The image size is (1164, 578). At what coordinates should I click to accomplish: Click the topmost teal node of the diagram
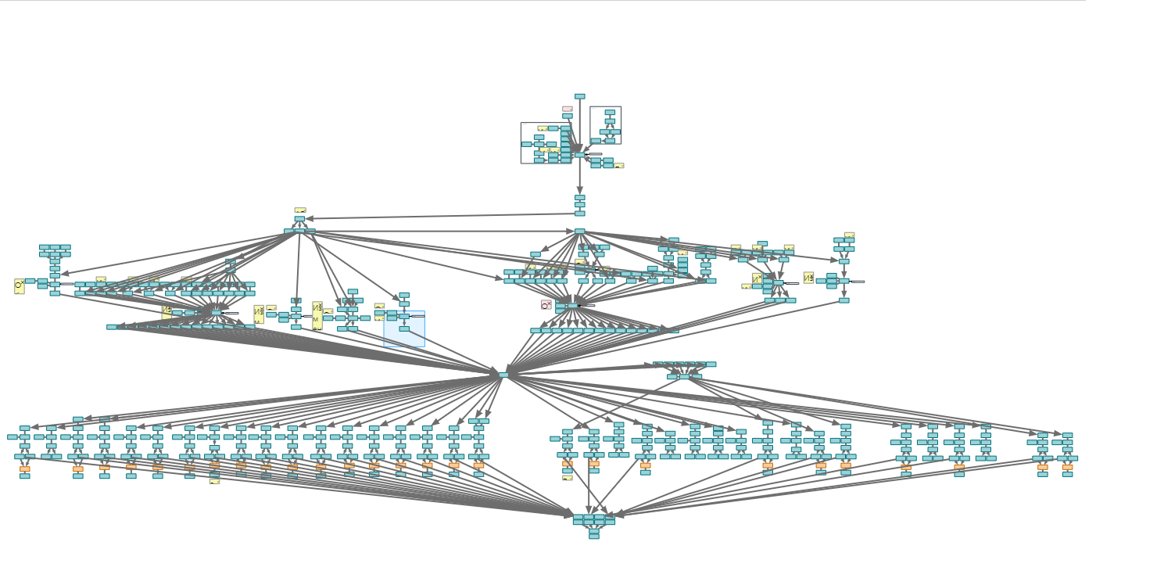coord(579,96)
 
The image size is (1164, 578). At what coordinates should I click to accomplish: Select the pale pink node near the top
coord(568,109)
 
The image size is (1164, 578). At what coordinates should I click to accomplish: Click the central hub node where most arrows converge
coord(503,375)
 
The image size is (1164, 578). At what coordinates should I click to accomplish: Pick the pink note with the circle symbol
coord(546,304)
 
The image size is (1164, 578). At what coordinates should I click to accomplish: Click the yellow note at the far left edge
coord(19,286)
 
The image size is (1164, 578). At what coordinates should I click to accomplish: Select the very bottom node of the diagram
coord(594,537)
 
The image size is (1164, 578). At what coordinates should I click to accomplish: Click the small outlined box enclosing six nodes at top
coord(605,125)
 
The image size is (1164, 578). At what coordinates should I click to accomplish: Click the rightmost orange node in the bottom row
coord(1067,468)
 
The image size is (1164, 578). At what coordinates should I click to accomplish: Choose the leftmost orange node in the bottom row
coord(25,469)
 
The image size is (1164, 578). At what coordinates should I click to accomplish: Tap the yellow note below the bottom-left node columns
coord(214,482)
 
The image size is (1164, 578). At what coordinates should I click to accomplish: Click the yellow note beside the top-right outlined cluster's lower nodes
coord(619,166)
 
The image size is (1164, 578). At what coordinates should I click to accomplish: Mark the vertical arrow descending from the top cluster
coord(579,176)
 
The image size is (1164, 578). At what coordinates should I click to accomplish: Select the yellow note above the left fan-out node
coord(300,210)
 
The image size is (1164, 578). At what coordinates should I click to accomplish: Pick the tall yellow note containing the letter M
coord(317,316)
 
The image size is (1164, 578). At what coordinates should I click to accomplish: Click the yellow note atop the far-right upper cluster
coord(849,235)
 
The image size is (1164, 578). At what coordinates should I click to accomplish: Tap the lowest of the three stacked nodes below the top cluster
coord(579,213)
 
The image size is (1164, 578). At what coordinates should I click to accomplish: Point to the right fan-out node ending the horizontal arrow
coord(579,231)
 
